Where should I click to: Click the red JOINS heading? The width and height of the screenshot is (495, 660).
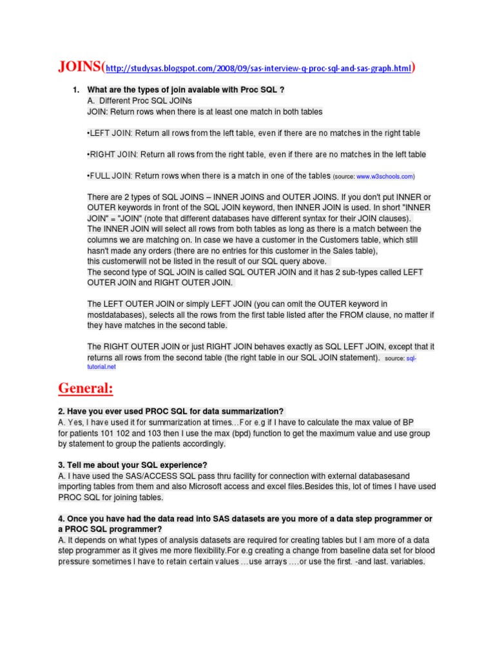79,67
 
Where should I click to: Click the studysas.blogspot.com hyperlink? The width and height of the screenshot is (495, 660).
257,68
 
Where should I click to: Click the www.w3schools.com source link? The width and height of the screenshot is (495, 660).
385,176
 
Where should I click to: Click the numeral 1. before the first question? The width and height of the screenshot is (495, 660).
75,90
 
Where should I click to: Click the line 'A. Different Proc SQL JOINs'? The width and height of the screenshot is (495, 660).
139,101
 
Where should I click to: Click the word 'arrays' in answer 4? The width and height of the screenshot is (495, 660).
286,561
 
